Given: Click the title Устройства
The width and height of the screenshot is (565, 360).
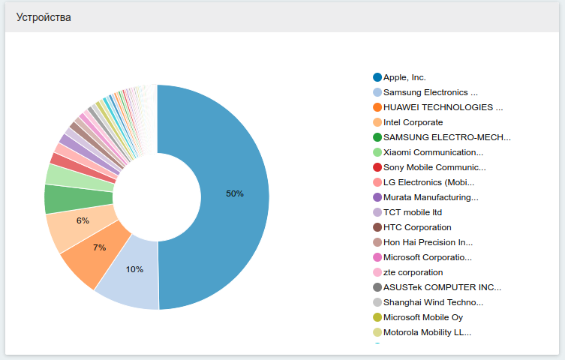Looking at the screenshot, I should [x=44, y=17].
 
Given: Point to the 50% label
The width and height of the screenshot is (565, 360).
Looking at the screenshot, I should [x=235, y=193].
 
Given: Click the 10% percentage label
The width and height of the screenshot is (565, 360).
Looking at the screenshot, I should [x=134, y=269].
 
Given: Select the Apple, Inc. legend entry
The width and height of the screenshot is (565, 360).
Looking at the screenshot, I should [x=404, y=77].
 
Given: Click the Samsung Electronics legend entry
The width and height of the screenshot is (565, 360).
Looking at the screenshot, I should [x=430, y=92].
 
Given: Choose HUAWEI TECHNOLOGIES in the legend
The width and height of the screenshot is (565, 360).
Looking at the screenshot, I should [x=443, y=107].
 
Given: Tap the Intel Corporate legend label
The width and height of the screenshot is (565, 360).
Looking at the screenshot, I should [x=413, y=122].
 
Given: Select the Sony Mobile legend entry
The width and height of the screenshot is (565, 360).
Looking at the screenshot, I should [x=434, y=167].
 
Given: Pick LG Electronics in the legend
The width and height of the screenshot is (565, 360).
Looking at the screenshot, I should [x=428, y=182].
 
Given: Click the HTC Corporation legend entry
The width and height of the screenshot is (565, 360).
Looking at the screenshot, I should [x=417, y=227].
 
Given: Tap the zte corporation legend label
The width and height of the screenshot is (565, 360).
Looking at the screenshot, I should [x=413, y=272].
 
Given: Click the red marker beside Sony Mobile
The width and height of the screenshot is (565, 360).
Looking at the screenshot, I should [x=377, y=167].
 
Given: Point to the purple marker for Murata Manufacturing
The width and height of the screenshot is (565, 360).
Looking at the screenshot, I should [x=377, y=197].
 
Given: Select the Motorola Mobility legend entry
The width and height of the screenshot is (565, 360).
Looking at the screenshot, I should [x=427, y=332].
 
